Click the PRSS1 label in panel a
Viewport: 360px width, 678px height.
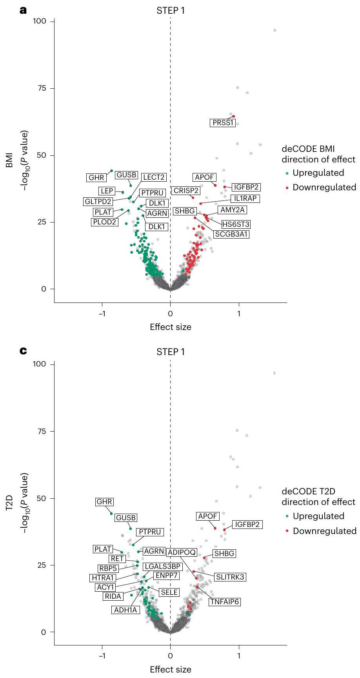223,123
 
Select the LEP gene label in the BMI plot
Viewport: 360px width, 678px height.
107,191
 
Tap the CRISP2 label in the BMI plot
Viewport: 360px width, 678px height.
186,191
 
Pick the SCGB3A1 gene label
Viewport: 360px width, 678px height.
231,234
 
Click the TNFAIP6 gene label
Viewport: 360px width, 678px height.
225,601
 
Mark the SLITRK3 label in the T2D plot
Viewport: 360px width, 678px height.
230,577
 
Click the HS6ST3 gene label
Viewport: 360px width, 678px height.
236,224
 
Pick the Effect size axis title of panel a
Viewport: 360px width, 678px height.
171,327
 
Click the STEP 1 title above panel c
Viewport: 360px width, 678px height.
171,352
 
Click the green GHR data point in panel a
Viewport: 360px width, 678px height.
111,171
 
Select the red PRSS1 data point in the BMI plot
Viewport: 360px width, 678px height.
234,116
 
